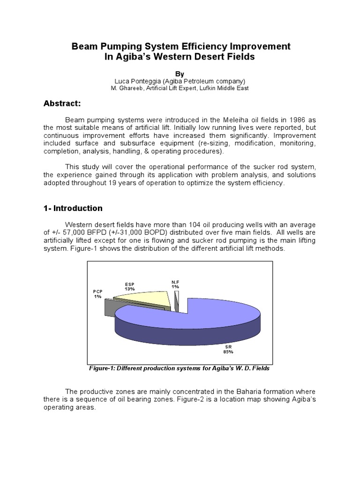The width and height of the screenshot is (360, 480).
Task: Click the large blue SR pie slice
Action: point(187,319)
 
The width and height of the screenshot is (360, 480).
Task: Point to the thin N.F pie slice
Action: point(177,300)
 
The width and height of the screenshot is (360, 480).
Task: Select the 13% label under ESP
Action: point(130,289)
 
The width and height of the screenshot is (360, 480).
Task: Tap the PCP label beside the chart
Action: point(97,291)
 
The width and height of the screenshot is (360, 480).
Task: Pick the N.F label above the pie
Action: point(175,282)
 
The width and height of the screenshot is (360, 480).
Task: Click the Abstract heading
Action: point(63,104)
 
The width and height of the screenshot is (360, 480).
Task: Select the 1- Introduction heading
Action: point(73,208)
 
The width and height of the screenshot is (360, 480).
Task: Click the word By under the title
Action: point(180,74)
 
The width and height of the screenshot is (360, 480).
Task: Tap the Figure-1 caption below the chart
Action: point(179,368)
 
